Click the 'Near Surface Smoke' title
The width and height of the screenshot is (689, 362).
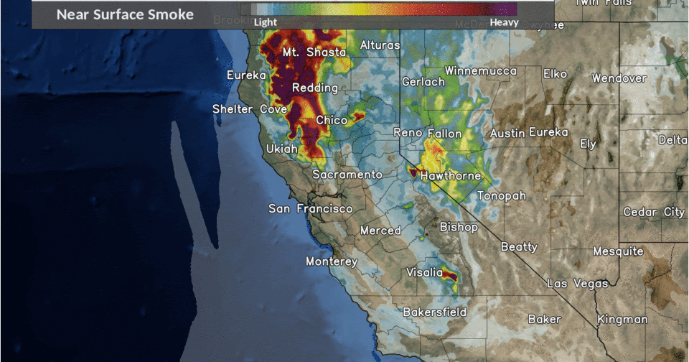point(125,14)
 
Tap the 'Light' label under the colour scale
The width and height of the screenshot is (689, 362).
point(265,22)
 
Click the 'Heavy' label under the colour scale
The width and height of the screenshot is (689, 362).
point(504,22)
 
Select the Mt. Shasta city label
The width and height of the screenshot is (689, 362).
point(314,52)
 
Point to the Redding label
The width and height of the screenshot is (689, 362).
point(315,88)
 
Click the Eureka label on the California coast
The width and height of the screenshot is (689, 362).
point(246,75)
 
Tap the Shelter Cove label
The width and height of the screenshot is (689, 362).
point(243,109)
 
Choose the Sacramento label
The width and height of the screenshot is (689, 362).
point(347,175)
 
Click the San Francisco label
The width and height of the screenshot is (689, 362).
point(310,209)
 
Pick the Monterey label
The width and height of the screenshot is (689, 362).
point(332,261)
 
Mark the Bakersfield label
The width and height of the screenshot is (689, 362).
point(434,312)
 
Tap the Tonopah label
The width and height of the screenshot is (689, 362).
point(502,196)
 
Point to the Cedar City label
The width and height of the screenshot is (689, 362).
point(653,212)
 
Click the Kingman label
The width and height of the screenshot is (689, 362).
point(622,319)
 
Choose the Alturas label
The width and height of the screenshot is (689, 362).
point(380,45)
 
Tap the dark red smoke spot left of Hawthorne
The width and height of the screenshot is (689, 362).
point(413,172)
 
